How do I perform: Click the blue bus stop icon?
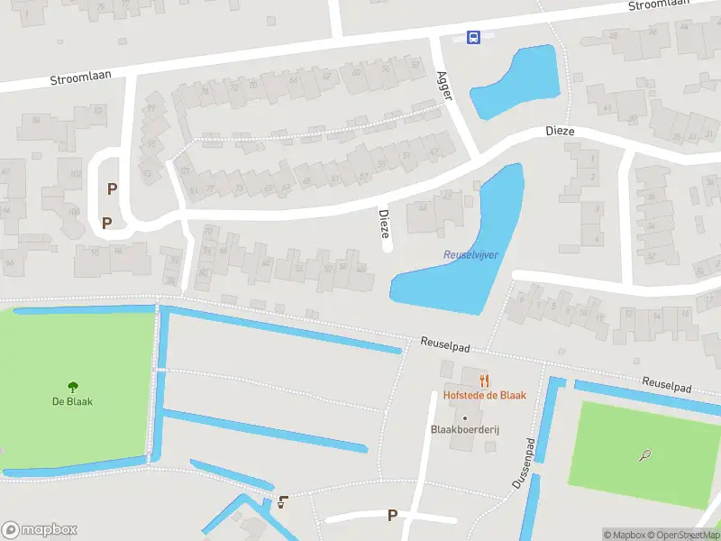[473, 37]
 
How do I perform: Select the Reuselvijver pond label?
[471, 255]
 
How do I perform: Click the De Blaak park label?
[72, 401]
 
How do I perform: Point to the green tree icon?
[73, 386]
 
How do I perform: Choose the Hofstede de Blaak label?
[484, 395]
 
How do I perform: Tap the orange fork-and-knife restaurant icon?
[484, 381]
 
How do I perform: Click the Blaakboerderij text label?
[465, 430]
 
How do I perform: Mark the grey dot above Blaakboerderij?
[465, 417]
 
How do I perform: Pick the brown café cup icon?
[285, 502]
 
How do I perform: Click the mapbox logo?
[40, 530]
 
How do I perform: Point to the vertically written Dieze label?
[384, 225]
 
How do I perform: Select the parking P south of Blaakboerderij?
[392, 515]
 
